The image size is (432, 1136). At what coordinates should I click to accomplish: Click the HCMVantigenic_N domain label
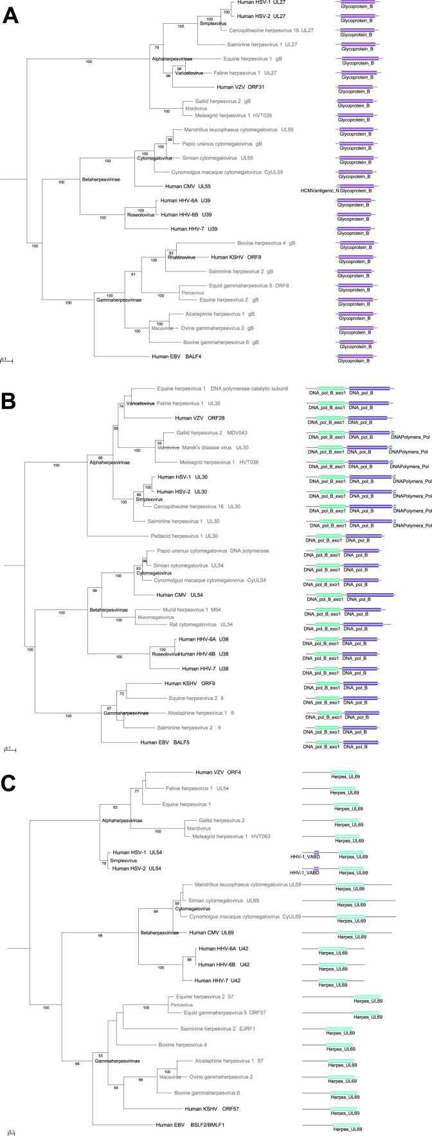319,190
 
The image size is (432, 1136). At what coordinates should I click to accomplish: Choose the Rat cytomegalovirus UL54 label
199,625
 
